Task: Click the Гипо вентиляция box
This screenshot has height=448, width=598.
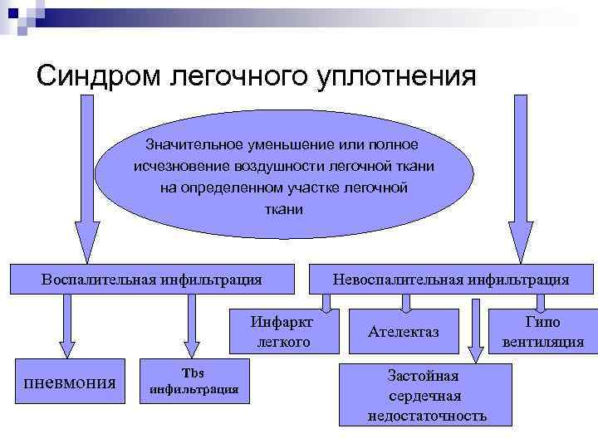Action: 542,332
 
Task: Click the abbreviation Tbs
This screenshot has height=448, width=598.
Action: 193,373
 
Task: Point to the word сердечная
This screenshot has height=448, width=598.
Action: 426,396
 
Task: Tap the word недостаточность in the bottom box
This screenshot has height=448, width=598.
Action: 427,415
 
